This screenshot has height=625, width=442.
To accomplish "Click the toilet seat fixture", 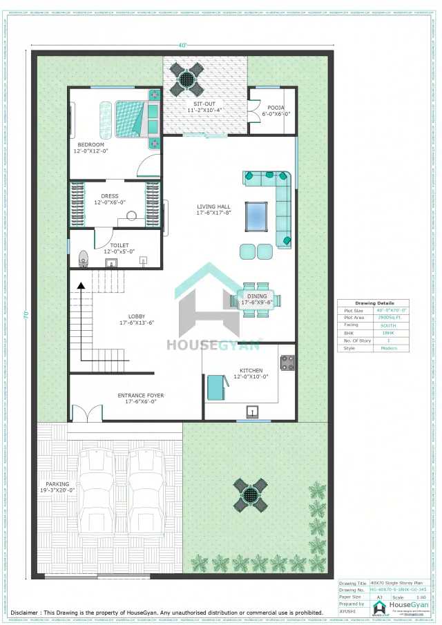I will coord(84,258).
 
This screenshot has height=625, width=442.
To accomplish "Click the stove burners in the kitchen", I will coord(287,363).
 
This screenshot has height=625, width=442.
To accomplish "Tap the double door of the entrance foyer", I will coord(86,414).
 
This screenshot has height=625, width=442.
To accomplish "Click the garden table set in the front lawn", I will coord(250,495).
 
